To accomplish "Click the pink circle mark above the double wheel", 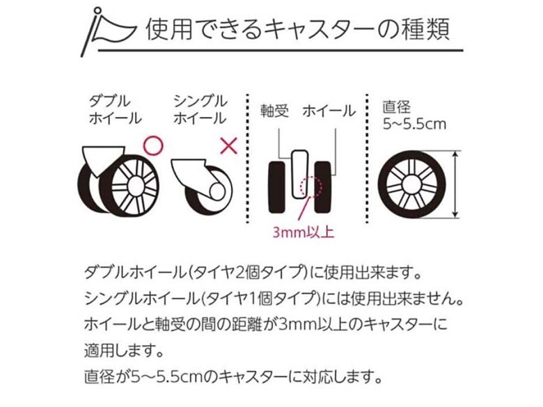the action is [x=152, y=145].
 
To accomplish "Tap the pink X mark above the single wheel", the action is [x=229, y=145].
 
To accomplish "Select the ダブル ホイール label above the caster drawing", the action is [x=116, y=110].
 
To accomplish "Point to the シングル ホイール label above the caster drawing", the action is [x=200, y=110].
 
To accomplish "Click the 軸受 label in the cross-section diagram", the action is [x=274, y=111].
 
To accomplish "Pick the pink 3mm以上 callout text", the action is [x=304, y=232].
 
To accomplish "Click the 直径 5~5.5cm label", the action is [x=414, y=115].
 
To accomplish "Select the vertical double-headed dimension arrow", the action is [x=456, y=184].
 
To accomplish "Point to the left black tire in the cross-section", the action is [x=276, y=187].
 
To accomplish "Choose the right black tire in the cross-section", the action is [x=323, y=187].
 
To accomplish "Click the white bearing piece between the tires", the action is [x=299, y=174].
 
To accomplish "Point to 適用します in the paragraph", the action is [x=124, y=351].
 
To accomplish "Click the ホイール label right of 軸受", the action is [x=329, y=111].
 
